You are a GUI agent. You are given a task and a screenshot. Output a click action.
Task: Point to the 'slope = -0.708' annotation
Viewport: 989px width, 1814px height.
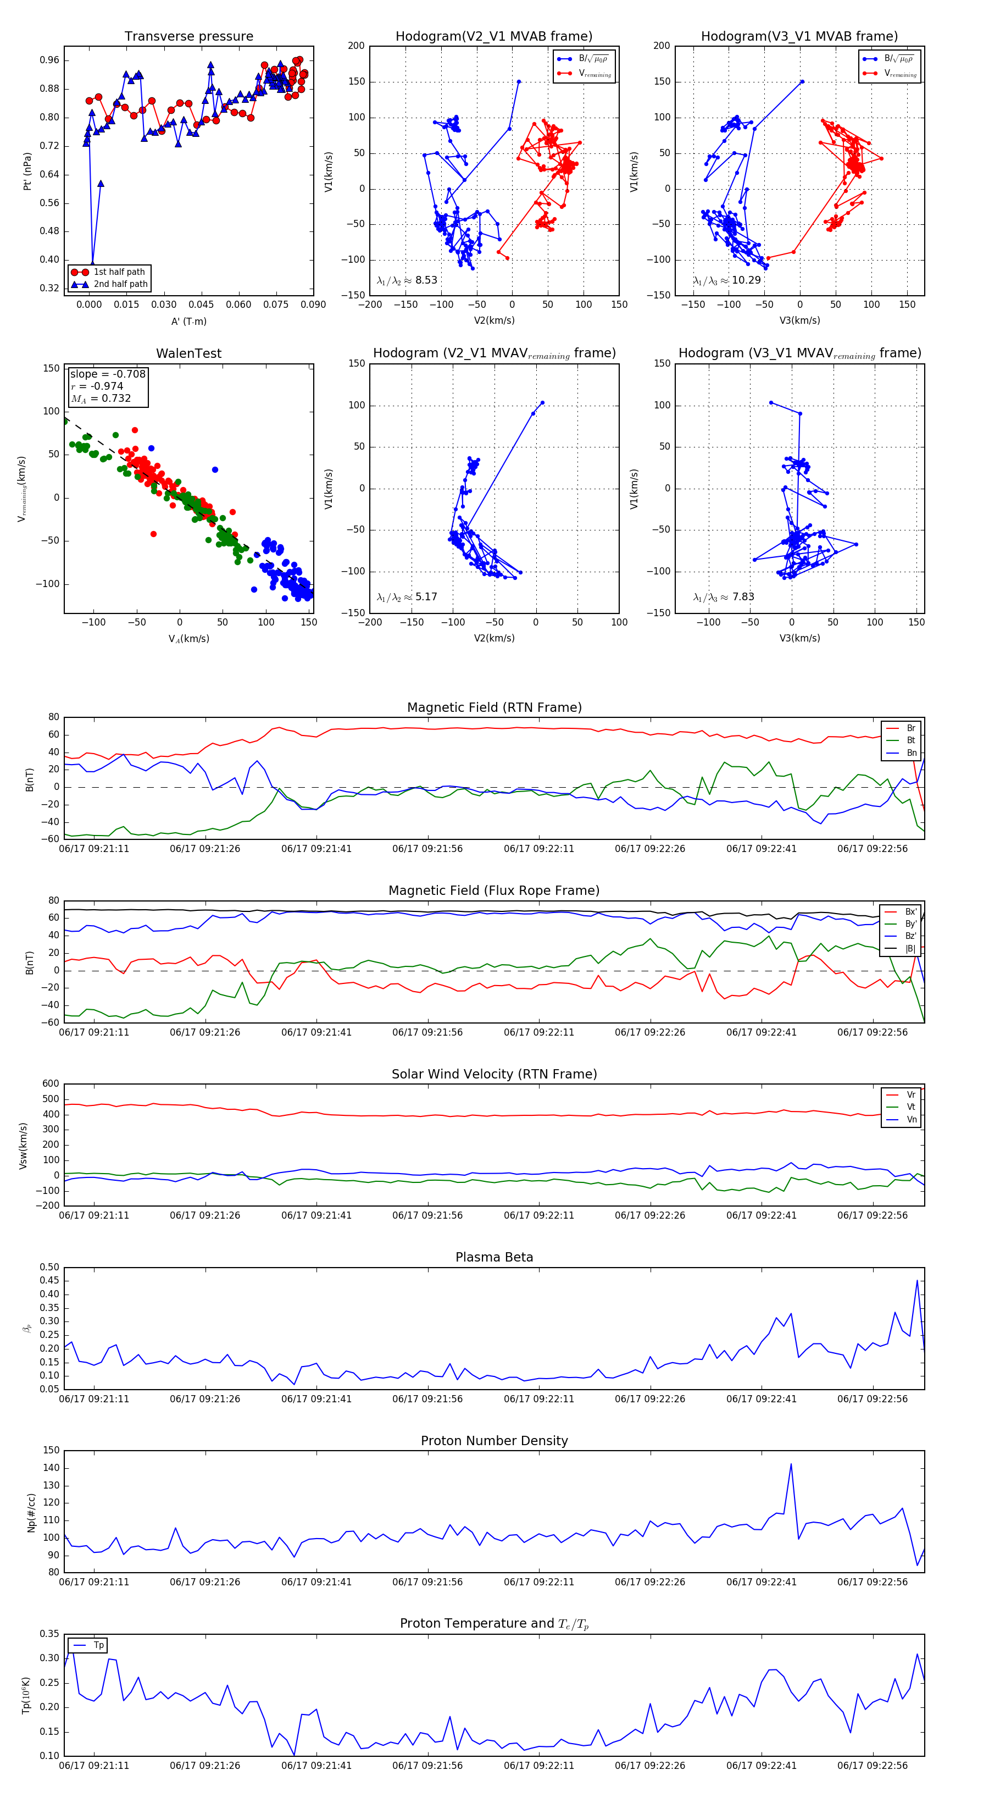(108, 374)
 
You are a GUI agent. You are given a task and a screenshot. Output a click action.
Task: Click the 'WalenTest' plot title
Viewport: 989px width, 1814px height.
(188, 353)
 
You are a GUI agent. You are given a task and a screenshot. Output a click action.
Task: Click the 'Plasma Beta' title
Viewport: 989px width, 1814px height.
(494, 1257)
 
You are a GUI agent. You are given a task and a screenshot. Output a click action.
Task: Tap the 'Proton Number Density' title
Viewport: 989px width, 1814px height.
(494, 1441)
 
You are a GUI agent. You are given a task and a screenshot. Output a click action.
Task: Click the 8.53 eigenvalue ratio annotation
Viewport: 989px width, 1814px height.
(426, 280)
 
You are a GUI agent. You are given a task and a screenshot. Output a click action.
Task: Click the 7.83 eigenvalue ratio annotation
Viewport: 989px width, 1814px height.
(743, 597)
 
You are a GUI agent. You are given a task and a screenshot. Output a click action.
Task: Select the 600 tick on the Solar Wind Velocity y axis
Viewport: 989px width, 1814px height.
(51, 1084)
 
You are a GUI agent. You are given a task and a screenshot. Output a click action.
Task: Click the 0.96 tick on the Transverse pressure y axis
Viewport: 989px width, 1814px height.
(49, 60)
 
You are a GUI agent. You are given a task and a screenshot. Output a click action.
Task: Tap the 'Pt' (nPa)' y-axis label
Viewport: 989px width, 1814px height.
(27, 171)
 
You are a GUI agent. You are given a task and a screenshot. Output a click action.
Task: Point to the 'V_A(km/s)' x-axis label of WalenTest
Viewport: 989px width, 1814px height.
(188, 639)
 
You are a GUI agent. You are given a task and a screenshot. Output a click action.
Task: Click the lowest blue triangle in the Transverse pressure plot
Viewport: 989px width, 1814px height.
(92, 263)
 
